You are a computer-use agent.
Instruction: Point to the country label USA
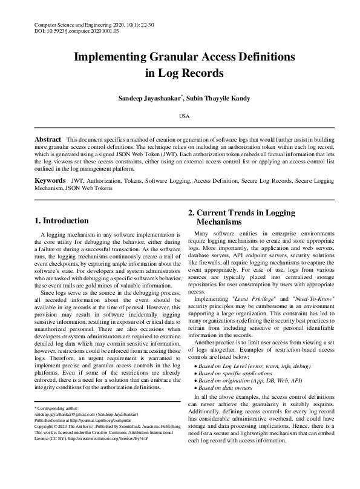[x=180, y=115]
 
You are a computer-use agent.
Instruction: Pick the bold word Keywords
[x=50, y=181]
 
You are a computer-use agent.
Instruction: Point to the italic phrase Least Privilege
[x=254, y=298]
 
